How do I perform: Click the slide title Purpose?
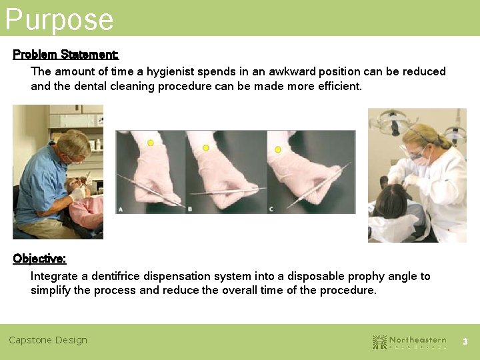pos(59,19)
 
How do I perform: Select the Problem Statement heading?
pos(65,54)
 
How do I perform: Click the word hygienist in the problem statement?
pos(175,71)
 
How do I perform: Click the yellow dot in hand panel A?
pos(151,143)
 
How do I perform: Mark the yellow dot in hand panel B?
pos(206,147)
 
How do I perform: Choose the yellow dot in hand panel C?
pos(278,150)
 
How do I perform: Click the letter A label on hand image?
pos(121,209)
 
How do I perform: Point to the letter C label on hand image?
pos(271,209)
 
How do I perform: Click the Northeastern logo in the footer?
pos(409,341)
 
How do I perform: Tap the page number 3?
pos(465,341)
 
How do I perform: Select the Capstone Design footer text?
pos(48,340)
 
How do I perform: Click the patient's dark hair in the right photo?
pos(393,200)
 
